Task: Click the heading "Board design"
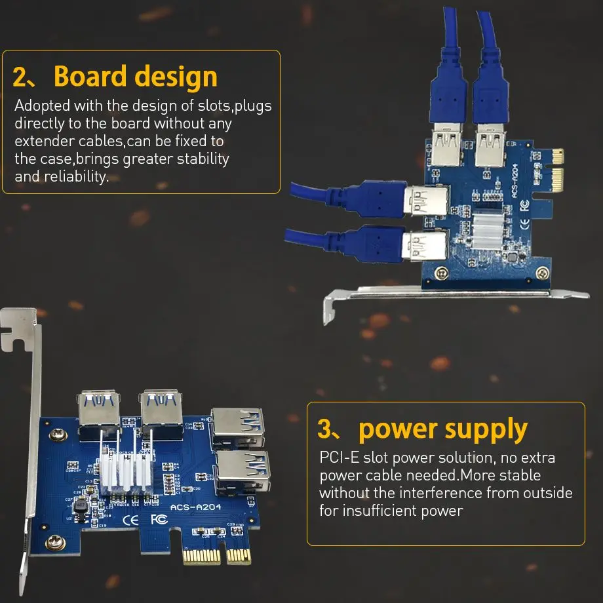click(x=135, y=77)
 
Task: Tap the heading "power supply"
click(x=443, y=429)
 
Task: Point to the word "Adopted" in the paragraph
click(x=41, y=106)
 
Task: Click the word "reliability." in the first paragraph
click(x=76, y=176)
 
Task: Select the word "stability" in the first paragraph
click(x=198, y=159)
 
